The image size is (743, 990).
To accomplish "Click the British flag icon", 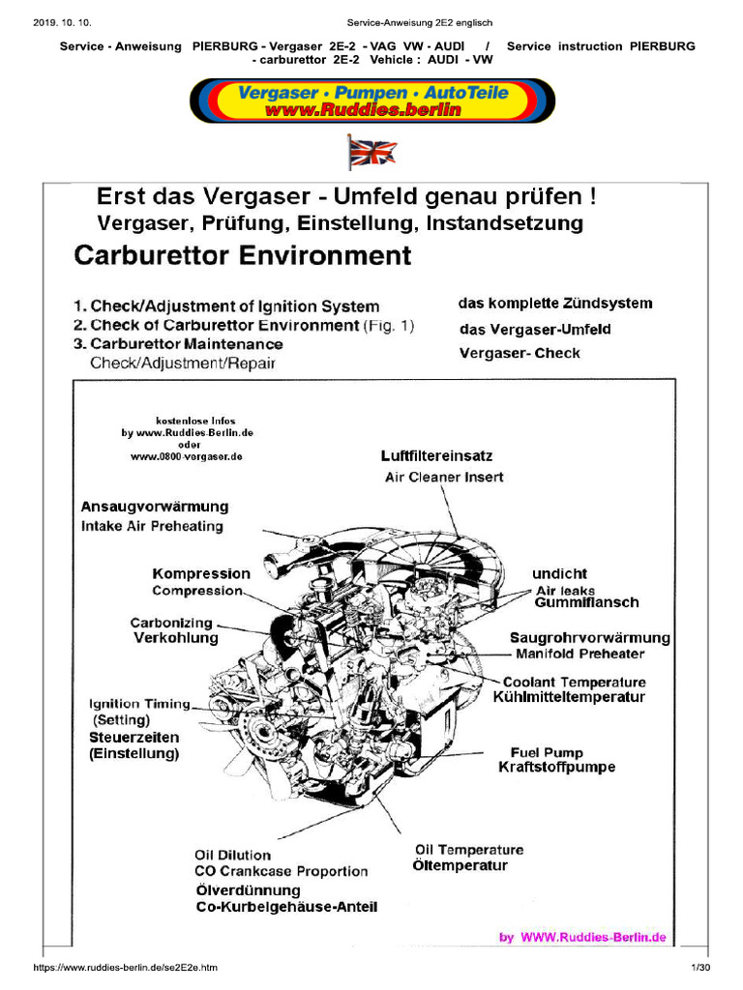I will point(372,153).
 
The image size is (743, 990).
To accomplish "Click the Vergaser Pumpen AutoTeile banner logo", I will point(372,101).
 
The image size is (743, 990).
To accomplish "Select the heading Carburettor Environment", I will point(243,256).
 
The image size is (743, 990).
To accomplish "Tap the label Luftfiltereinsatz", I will point(436,455).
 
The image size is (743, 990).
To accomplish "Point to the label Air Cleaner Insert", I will point(444,477).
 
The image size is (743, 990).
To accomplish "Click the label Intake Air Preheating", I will point(152,527).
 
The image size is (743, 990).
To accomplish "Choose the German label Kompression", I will point(201,573).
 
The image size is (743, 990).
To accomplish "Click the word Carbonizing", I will point(171,623).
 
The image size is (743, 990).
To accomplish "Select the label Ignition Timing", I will point(140,704).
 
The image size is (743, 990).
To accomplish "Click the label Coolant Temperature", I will point(575,682).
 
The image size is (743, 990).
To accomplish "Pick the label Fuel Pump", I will point(547,751).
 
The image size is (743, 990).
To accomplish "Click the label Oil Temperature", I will point(469,850).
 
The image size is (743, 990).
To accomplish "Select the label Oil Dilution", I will point(233,855).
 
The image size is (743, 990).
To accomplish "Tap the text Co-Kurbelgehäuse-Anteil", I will point(286,907).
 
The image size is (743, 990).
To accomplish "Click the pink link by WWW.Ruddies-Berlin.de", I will point(582,937).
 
